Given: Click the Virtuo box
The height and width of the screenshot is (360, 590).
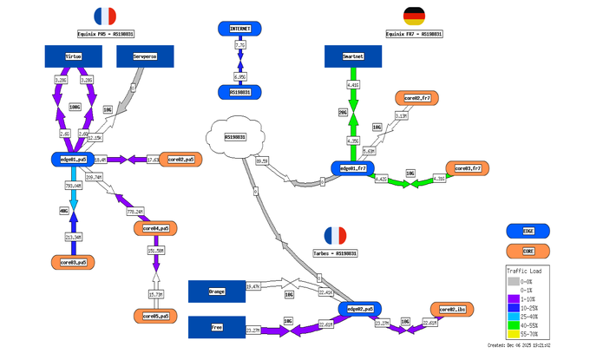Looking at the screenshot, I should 73,56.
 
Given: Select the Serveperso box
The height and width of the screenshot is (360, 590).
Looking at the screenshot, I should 145,56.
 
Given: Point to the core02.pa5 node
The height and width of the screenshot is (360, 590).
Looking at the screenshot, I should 181,160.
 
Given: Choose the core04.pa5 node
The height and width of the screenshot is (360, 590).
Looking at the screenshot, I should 155,229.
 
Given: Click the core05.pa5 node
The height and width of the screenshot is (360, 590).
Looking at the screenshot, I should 155,315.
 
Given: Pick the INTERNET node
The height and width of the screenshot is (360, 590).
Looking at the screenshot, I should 240,29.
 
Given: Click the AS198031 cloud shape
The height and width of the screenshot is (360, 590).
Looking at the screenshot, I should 234,137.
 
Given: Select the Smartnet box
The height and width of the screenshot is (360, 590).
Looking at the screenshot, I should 353,56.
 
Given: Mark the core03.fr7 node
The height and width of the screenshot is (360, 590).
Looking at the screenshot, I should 468,167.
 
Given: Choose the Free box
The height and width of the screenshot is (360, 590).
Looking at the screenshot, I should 217,327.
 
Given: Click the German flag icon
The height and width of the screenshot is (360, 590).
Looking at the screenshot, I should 414,16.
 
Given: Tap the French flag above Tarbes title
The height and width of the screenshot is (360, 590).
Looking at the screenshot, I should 334,235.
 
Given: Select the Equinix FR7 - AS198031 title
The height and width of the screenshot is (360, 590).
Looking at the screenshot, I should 414,34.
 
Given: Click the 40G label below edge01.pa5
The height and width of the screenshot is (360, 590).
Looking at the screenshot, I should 63,210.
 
